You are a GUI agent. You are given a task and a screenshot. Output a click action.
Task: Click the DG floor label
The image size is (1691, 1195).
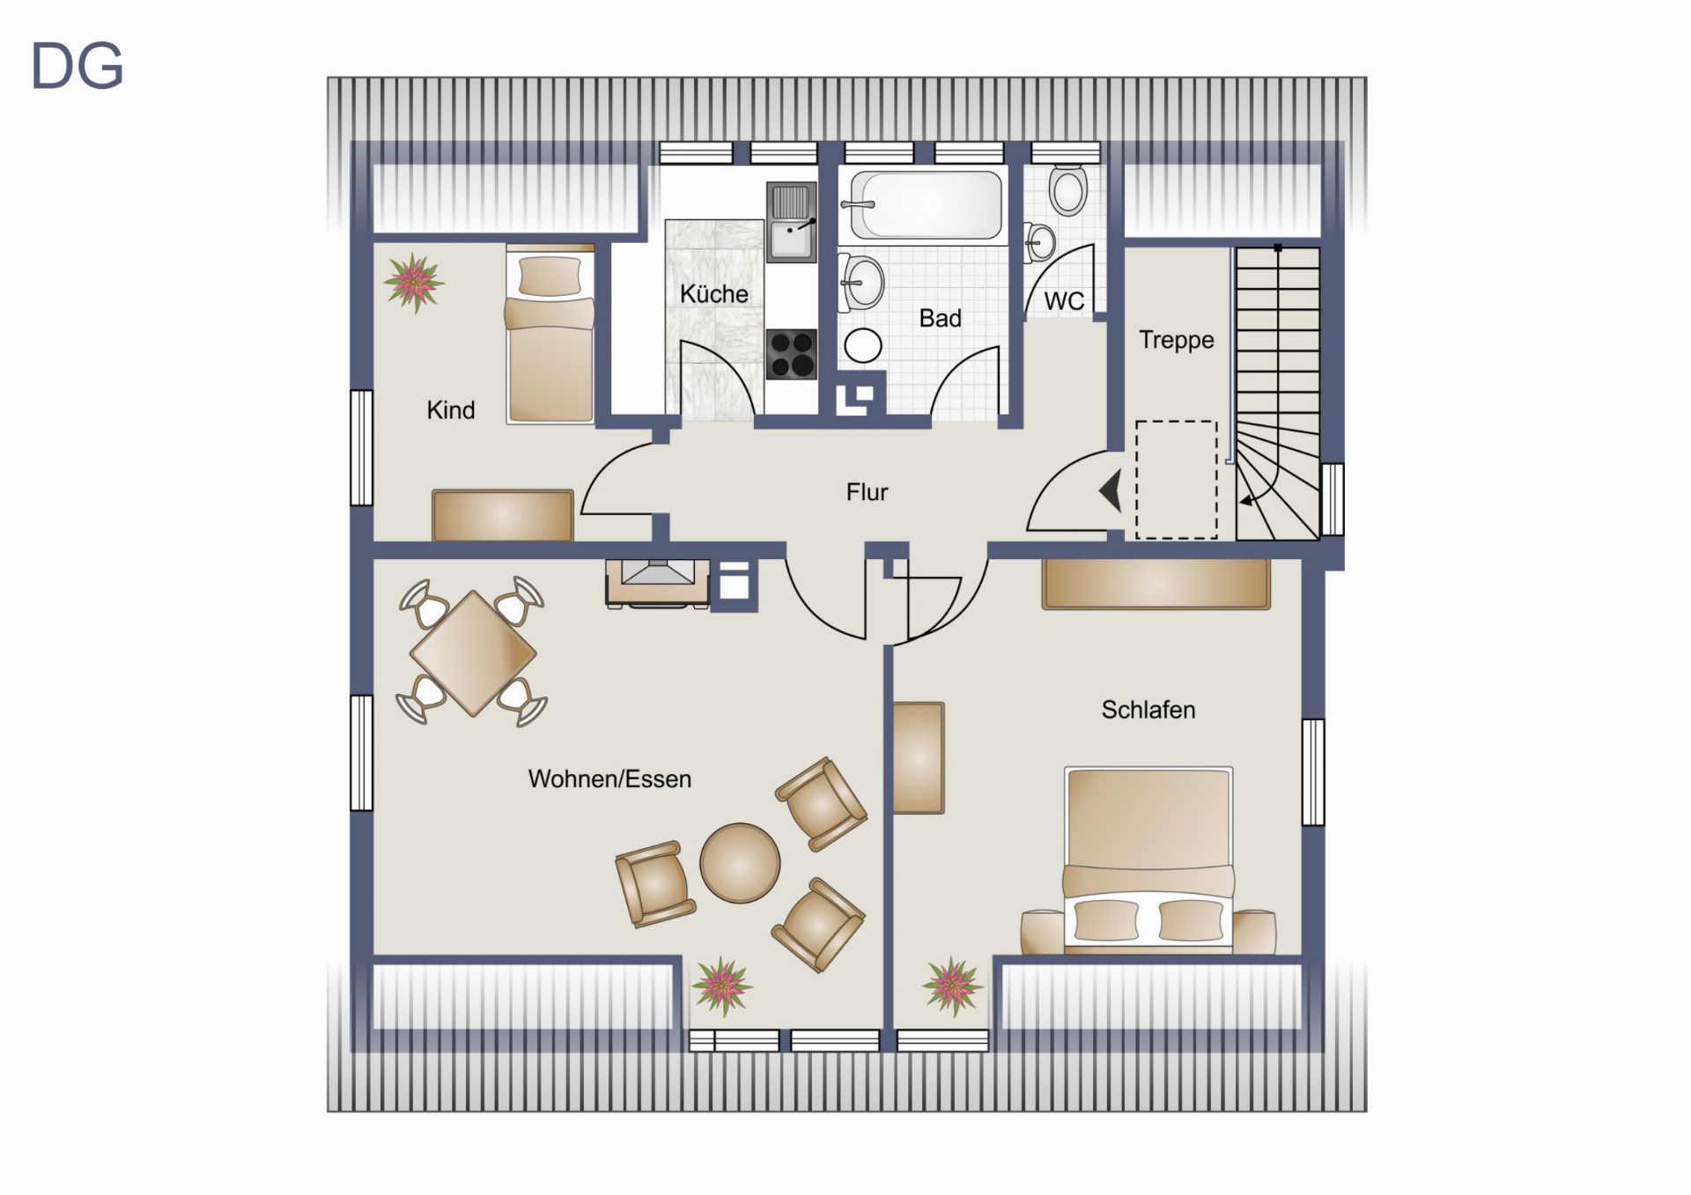pyautogui.click(x=77, y=67)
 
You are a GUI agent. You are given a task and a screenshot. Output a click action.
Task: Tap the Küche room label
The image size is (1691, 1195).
pyautogui.click(x=713, y=293)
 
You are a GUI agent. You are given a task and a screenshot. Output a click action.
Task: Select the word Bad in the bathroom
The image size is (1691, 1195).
pyautogui.click(x=940, y=318)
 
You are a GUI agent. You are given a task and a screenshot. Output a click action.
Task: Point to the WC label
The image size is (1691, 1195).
pyautogui.click(x=1064, y=301)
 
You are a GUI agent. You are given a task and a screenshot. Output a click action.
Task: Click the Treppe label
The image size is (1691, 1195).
pyautogui.click(x=1176, y=340)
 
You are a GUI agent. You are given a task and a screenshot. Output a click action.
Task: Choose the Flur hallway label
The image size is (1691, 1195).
pyautogui.click(x=867, y=491)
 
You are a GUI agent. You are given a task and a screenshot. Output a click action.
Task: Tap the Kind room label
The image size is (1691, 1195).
pyautogui.click(x=450, y=409)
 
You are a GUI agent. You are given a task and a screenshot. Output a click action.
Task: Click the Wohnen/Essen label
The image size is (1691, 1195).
pyautogui.click(x=609, y=778)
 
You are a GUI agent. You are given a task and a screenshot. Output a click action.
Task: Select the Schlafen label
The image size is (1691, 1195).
pyautogui.click(x=1148, y=710)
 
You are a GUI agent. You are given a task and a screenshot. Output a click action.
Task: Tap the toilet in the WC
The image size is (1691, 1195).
pyautogui.click(x=1067, y=188)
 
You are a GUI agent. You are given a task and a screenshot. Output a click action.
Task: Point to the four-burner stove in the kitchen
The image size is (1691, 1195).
pyautogui.click(x=791, y=354)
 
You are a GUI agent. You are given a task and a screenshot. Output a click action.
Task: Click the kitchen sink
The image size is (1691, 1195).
pyautogui.click(x=791, y=222)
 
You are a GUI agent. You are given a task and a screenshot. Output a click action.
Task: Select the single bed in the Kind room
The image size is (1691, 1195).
pyautogui.click(x=550, y=336)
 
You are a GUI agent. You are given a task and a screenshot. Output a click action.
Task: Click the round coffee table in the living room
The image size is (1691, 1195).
pyautogui.click(x=740, y=863)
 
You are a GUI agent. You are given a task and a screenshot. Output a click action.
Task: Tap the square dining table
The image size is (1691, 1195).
pyautogui.click(x=473, y=653)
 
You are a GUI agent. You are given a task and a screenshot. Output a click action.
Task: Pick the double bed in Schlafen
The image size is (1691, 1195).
pyautogui.click(x=1148, y=859)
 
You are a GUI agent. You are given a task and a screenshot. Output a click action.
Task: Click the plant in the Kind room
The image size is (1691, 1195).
pyautogui.click(x=413, y=283)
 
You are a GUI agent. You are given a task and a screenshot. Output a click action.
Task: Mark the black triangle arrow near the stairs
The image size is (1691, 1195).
pyautogui.click(x=1111, y=491)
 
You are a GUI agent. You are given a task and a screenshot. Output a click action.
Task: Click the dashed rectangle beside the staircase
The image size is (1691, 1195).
pyautogui.click(x=1177, y=479)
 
